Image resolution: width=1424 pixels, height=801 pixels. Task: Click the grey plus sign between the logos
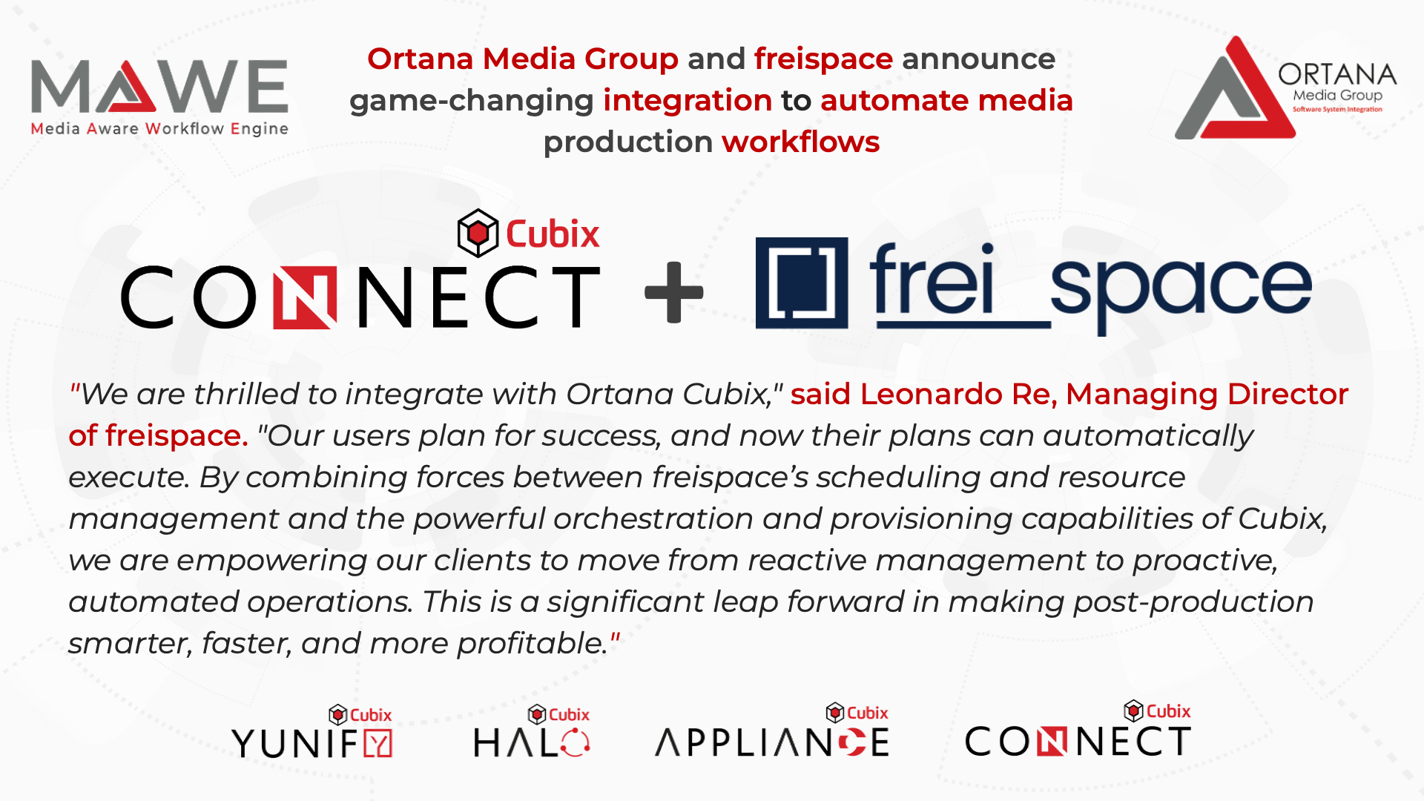[674, 292]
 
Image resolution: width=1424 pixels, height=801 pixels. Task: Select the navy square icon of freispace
[802, 283]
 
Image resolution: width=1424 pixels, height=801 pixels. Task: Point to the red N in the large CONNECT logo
[305, 297]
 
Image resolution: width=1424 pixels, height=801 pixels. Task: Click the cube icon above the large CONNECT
[478, 233]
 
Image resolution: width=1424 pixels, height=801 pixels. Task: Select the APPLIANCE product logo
[772, 731]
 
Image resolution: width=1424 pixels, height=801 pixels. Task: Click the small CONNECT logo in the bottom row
[1078, 729]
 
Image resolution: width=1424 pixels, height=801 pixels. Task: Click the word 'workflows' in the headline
[801, 142]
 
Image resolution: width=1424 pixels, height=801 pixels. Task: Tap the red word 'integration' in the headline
[688, 101]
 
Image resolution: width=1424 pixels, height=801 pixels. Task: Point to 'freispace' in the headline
[823, 59]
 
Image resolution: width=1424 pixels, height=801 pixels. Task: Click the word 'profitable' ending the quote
[532, 644]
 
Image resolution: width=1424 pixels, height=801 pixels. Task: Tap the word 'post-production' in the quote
[1193, 603]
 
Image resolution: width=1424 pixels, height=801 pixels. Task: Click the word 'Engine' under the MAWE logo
[259, 129]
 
